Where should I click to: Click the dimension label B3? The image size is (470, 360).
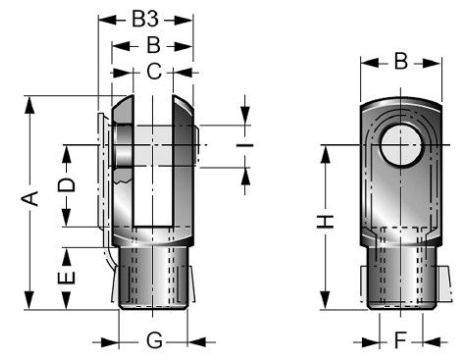point(148,18)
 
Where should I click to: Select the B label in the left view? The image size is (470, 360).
point(151,45)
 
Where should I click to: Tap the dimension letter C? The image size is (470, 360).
point(152,71)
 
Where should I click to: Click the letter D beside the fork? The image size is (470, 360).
point(66,185)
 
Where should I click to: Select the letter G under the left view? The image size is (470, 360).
point(152,340)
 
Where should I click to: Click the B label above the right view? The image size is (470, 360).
point(399,62)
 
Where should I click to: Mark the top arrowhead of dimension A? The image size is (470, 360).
point(32,101)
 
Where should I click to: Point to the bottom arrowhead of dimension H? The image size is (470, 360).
point(326,303)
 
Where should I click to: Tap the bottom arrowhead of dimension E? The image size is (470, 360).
point(66,303)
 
